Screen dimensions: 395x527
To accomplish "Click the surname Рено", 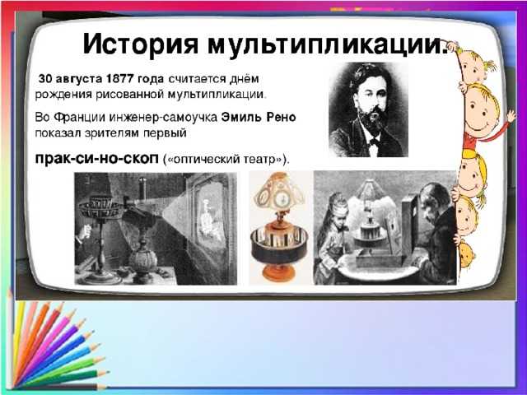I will [281, 118].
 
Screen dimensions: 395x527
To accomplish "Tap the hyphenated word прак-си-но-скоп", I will [98, 157].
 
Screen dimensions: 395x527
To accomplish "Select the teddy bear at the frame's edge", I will [466, 254].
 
